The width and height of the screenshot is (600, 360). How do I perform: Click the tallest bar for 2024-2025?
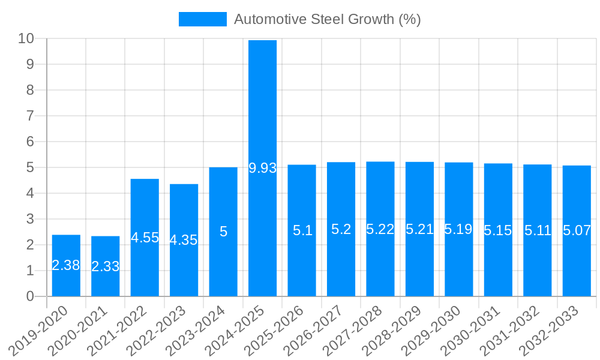click(x=262, y=108)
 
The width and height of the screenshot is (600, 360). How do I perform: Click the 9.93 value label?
click(x=262, y=168)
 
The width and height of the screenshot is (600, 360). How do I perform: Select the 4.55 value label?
click(x=145, y=238)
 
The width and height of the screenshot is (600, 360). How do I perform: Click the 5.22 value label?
click(x=380, y=229)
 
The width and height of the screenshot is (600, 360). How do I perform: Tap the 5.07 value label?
click(x=577, y=230)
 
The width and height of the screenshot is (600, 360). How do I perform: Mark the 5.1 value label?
click(x=302, y=230)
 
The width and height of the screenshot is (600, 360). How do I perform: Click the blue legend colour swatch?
click(x=202, y=19)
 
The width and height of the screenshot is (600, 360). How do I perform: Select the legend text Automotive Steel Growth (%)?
click(x=327, y=19)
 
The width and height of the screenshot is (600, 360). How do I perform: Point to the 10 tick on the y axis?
click(x=26, y=38)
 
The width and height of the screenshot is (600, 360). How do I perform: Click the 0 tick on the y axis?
click(x=30, y=296)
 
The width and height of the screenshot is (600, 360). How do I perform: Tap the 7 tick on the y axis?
click(x=30, y=116)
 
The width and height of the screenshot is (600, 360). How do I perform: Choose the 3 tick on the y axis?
click(x=30, y=219)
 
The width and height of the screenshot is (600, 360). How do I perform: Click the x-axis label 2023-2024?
click(x=200, y=329)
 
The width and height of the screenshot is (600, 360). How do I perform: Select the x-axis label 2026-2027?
click(x=317, y=329)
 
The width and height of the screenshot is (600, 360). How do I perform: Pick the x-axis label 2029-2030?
click(x=436, y=329)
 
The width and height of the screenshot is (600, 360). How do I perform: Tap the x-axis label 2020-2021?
click(x=82, y=329)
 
